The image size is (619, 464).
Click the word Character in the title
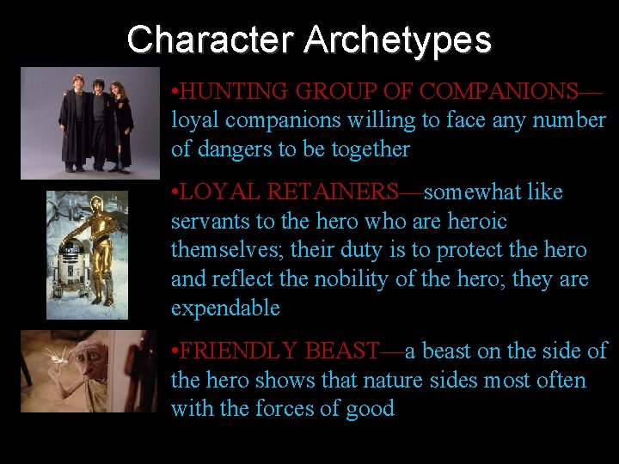211,40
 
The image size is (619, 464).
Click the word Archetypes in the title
397,40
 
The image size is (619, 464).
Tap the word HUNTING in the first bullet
236,91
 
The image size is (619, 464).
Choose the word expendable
225,308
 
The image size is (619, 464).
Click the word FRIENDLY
233,351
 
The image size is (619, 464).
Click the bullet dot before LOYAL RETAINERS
175,192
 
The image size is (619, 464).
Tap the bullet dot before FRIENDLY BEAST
175,351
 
